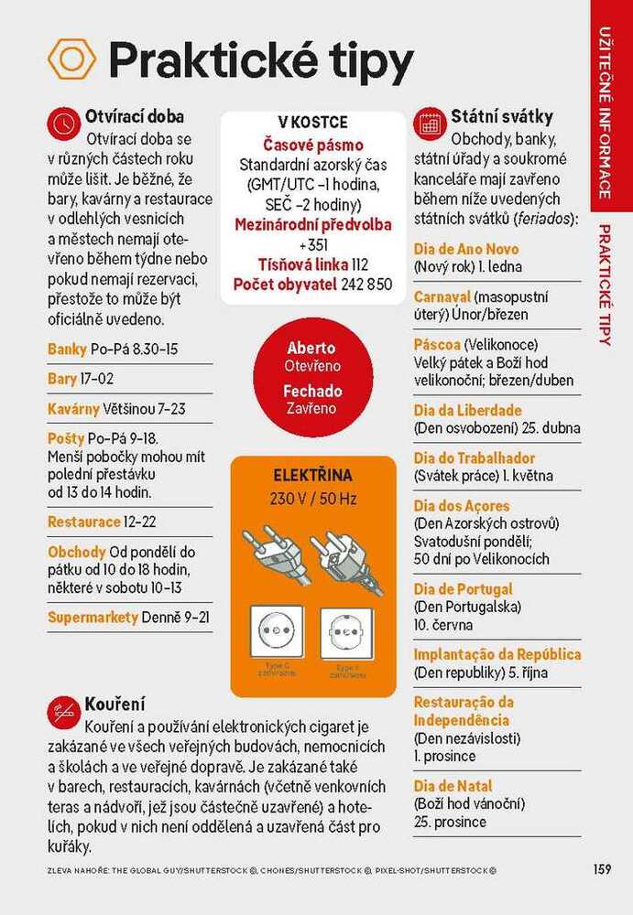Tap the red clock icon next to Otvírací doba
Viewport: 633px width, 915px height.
pos(63,122)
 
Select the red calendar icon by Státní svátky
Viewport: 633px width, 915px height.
pos(430,122)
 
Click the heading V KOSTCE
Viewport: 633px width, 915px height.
pos(312,123)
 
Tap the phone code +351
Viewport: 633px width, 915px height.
pos(313,244)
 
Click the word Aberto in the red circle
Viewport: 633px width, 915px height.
pos(311,348)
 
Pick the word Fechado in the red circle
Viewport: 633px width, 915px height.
pos(311,391)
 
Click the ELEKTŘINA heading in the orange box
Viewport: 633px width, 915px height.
pos(312,476)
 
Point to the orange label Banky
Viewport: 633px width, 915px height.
pos(67,349)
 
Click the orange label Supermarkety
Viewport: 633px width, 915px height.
pos(93,617)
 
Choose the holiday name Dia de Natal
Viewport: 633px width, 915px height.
pos(453,786)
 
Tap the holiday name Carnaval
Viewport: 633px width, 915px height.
pos(442,296)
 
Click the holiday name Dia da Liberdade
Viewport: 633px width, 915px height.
pos(467,410)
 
